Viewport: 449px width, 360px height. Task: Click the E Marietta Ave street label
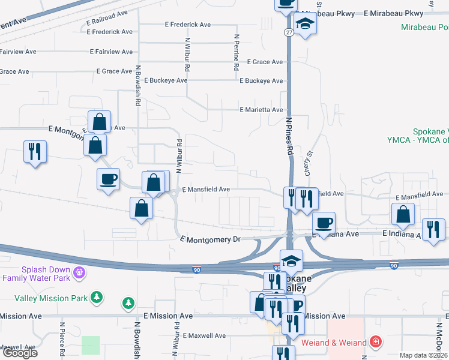click(261, 110)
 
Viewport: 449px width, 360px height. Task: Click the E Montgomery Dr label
click(210, 239)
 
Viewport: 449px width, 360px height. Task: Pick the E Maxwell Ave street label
click(204, 335)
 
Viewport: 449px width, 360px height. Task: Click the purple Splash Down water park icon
click(77, 274)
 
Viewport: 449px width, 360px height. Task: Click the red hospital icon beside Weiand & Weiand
click(376, 342)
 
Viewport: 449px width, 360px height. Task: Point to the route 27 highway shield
click(289, 32)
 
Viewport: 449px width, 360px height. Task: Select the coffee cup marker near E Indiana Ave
click(324, 223)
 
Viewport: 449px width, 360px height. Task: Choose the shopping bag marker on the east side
click(402, 214)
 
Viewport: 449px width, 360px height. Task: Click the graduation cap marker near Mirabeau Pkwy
click(306, 23)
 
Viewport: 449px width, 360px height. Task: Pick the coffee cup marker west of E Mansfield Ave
click(108, 179)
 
